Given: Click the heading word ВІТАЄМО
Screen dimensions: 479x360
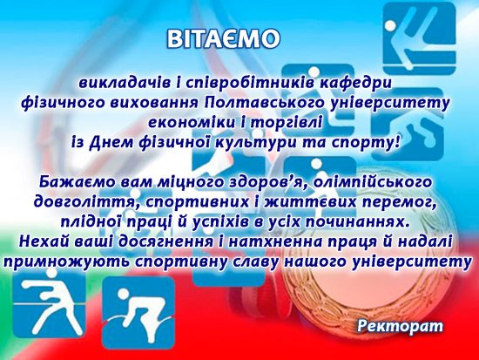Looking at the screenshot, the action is pos(223,38).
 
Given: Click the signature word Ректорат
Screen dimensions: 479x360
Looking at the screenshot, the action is pos(400,326).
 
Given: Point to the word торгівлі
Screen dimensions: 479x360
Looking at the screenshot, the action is pos(286,123).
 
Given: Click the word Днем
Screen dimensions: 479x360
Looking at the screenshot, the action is pos(111,143).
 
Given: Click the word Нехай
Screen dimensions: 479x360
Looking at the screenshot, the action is pos(43,241).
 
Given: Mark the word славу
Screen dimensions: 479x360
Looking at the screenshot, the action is pos(260,262).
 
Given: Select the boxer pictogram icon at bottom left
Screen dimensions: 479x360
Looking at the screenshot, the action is pos(49,303).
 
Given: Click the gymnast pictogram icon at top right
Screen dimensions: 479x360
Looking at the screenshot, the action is pos(420,38).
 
